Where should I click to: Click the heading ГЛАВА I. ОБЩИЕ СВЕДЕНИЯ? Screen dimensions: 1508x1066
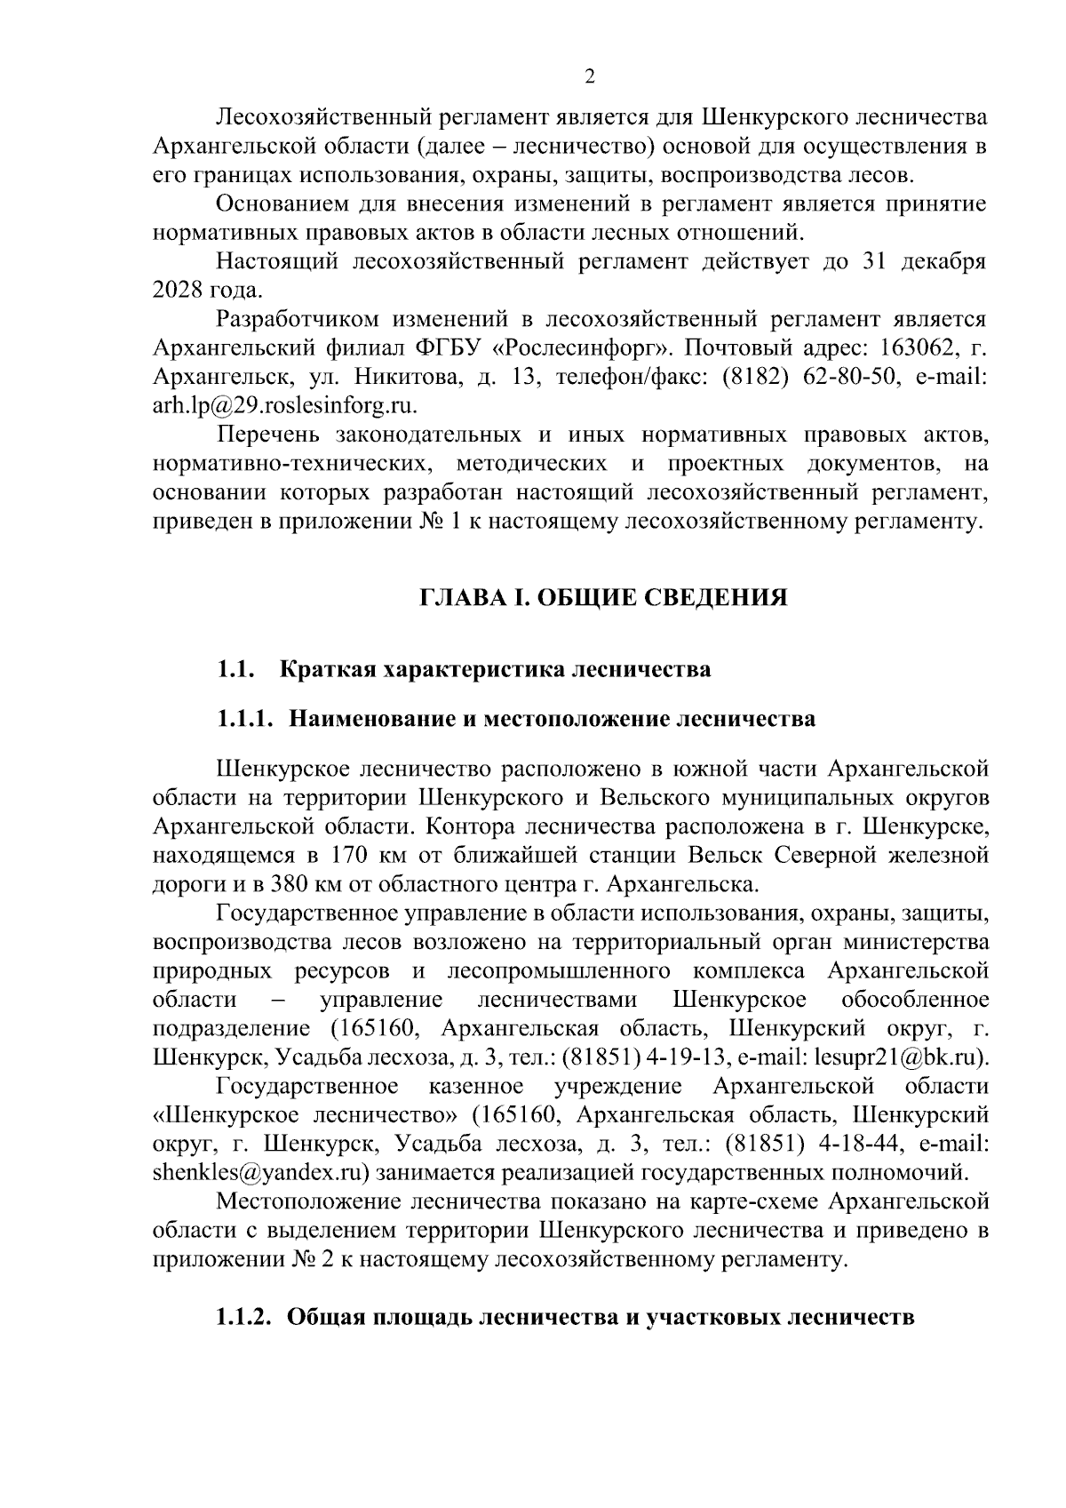[x=604, y=597]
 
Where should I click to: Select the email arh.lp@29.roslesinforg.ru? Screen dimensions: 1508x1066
[x=285, y=405]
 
